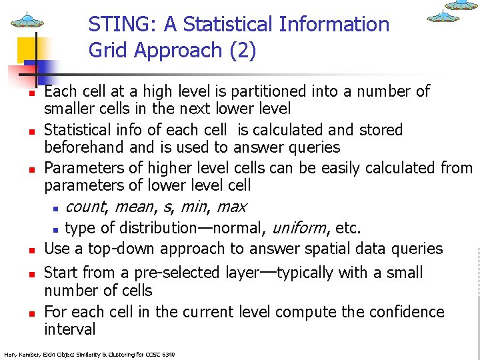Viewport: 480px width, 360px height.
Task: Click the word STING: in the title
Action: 117,25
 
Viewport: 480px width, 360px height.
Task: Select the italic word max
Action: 231,207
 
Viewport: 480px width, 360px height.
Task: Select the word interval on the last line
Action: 70,329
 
